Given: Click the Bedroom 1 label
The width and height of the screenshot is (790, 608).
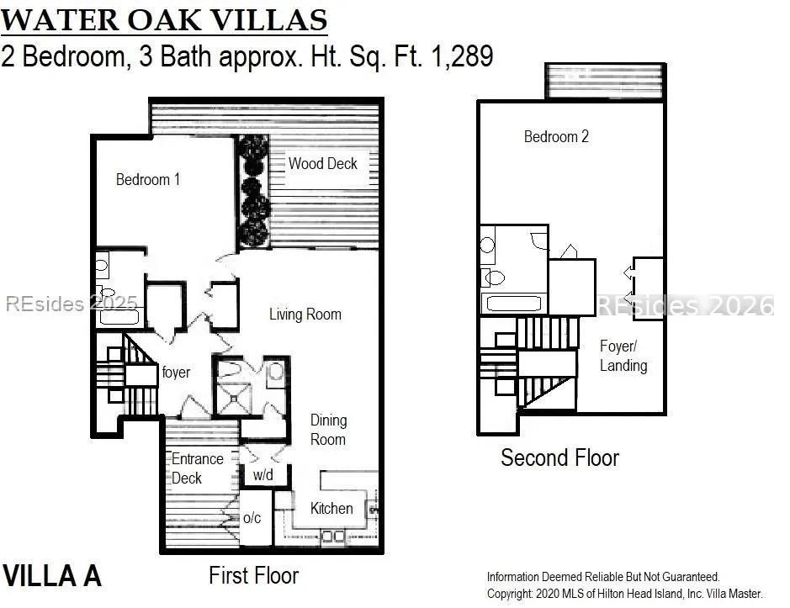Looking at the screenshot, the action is point(147,179).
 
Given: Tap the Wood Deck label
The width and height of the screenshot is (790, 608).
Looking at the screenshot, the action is point(322,163).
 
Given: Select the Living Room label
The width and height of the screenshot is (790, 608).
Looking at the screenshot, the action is point(305,315).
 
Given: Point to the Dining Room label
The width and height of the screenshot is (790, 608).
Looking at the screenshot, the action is point(328,430).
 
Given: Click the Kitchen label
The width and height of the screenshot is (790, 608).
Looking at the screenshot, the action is point(331,508).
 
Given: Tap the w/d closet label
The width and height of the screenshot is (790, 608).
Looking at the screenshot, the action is point(262,474).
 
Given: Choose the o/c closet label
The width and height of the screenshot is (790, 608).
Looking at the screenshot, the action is point(252,517).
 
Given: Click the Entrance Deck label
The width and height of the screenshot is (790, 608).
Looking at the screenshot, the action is point(197,468).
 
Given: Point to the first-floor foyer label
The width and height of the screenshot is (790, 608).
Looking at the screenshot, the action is point(176,373).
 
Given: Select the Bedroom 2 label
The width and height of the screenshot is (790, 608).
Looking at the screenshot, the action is point(556,136).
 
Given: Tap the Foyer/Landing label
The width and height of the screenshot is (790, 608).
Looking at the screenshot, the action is point(623,356).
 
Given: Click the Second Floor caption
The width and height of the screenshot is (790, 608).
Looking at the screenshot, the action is point(559,457).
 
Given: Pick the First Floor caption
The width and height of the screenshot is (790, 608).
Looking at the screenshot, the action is point(253,575).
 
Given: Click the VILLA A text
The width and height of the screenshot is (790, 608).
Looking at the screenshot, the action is point(52,576).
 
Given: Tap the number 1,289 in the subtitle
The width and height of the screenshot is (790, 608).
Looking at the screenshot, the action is point(462,56).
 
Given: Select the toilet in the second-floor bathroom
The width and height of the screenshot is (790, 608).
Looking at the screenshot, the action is point(493,278).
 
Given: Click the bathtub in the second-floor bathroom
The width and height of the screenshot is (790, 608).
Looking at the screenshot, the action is point(513,304).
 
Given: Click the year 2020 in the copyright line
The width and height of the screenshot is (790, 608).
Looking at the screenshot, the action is point(547,594).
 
